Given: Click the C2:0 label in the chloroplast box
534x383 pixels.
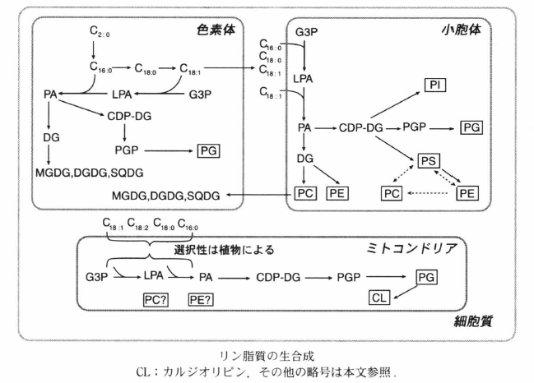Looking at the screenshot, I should click(x=100, y=32).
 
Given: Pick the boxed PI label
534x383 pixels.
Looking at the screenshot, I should click(x=435, y=85).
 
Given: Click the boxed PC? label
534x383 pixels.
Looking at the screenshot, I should click(x=157, y=301).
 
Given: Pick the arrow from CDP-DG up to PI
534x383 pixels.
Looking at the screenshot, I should click(x=393, y=106).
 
